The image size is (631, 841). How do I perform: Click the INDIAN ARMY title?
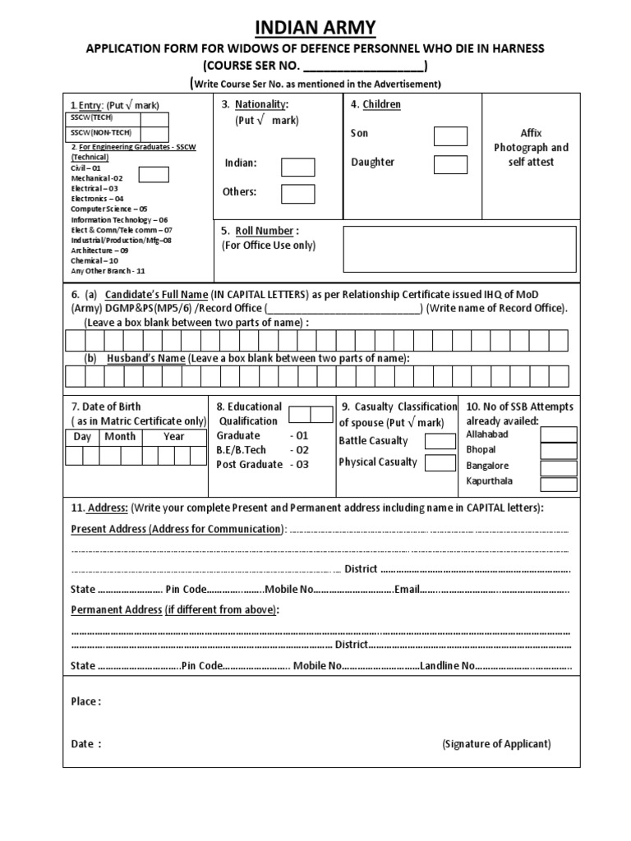click(x=315, y=29)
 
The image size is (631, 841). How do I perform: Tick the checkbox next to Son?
click(x=450, y=136)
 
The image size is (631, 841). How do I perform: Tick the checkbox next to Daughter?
click(x=450, y=164)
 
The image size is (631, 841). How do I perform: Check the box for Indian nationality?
click(x=297, y=167)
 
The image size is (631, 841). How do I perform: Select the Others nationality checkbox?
click(x=297, y=194)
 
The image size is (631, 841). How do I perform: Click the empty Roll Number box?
click(x=459, y=249)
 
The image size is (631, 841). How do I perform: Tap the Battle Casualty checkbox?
click(x=440, y=442)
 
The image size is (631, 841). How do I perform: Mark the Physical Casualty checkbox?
click(x=440, y=462)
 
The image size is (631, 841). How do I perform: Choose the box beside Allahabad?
click(x=559, y=434)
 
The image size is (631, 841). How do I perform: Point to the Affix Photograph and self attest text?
click(x=531, y=148)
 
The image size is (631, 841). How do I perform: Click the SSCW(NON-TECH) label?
click(x=94, y=133)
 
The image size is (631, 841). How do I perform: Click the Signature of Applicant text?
click(x=496, y=744)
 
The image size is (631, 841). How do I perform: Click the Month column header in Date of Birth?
click(x=120, y=437)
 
